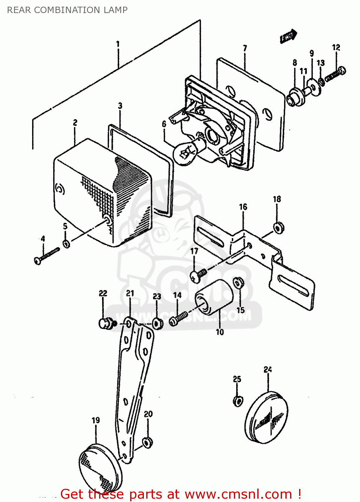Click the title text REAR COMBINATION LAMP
point(67,10)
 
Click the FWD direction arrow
point(288,36)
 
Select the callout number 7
point(245,48)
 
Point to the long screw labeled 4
point(47,256)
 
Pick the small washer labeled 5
point(67,243)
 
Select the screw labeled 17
point(198,275)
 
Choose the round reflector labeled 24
point(267,418)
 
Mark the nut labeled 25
point(237,400)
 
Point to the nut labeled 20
point(147,442)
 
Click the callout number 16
point(243,207)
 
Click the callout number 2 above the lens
point(75,122)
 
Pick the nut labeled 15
point(238,283)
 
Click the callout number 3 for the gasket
point(120,106)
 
